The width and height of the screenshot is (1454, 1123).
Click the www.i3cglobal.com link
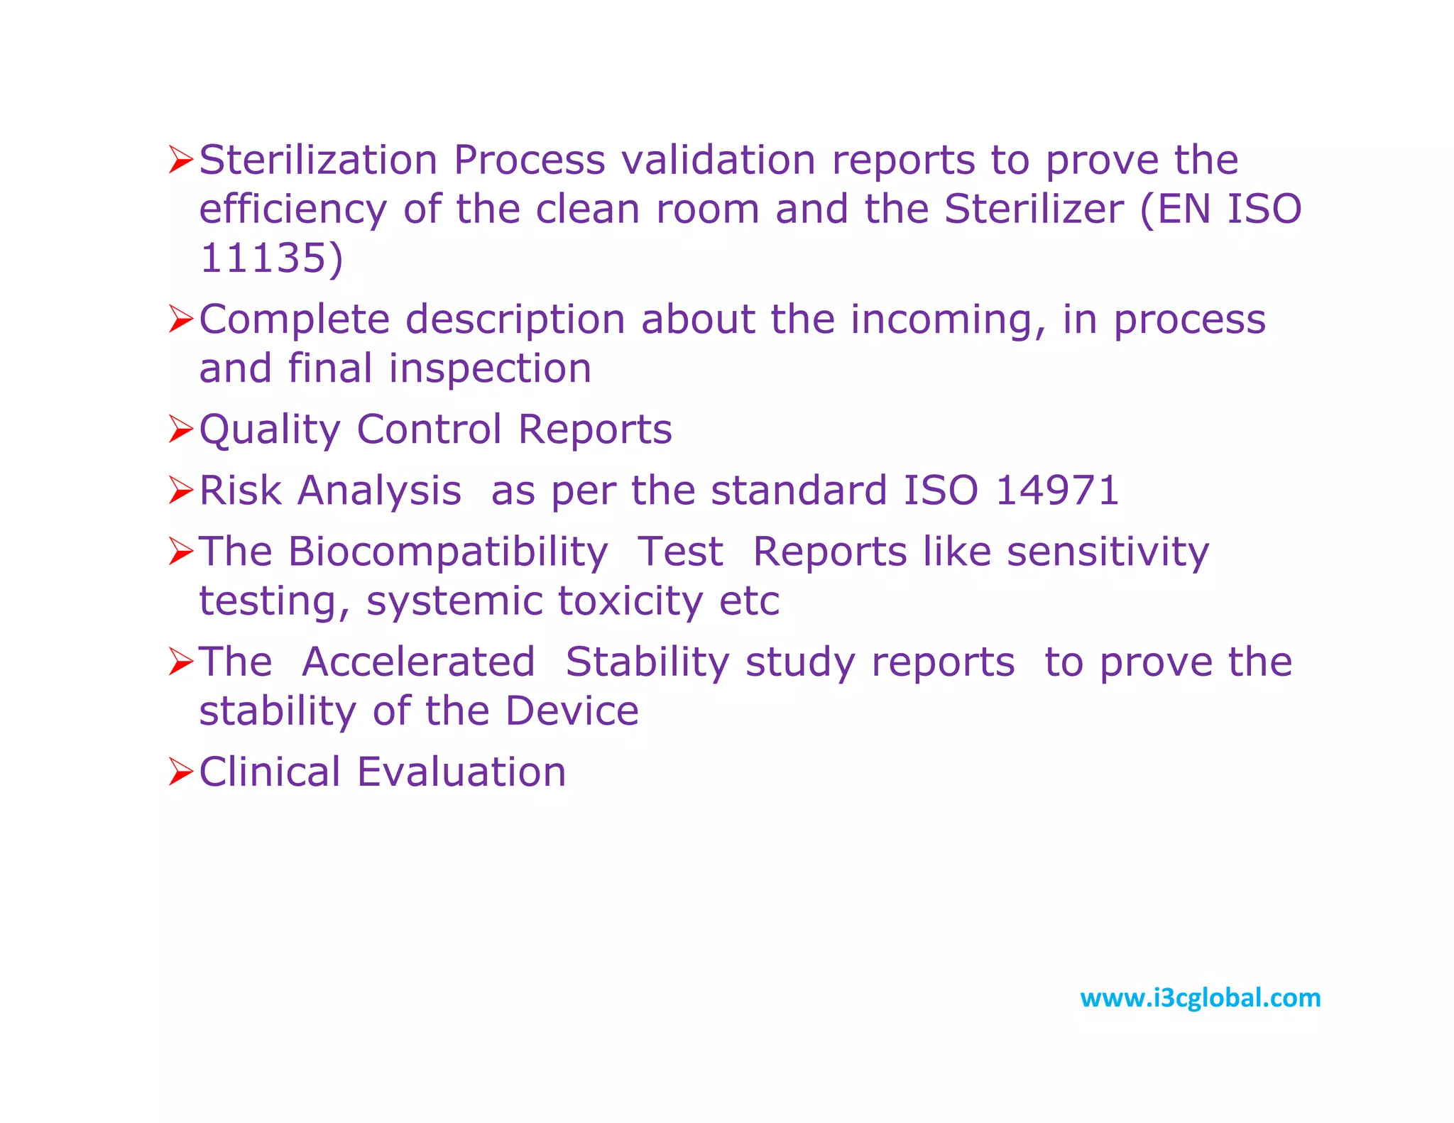(1200, 998)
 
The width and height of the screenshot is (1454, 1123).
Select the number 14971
(1056, 491)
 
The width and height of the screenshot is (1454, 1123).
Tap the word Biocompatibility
(448, 552)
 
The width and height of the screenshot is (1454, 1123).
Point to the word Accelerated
(418, 662)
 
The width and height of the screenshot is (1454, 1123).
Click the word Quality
(270, 430)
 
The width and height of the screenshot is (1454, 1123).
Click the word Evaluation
(461, 772)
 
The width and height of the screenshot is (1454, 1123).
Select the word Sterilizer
(1034, 209)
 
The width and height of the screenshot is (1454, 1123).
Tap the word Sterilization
(318, 160)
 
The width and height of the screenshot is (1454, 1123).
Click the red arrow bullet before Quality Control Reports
(180, 429)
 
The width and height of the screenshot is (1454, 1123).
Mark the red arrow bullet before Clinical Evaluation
(180, 772)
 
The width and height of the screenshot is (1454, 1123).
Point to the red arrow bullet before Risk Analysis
(180, 491)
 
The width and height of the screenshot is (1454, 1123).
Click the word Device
(572, 711)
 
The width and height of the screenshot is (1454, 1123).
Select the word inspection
(490, 368)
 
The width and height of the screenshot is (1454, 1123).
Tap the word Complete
(294, 319)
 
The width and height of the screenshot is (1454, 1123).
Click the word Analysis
(380, 491)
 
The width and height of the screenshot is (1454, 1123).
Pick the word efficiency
(293, 210)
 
